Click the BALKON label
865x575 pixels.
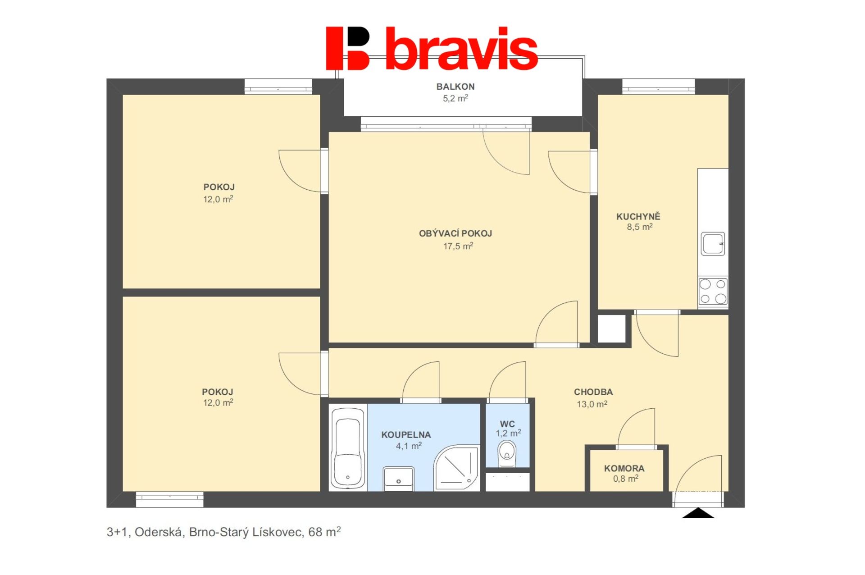[455, 87]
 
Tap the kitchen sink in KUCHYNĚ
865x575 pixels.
[713, 244]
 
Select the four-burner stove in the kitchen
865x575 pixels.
[713, 291]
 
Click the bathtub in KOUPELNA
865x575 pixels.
[348, 448]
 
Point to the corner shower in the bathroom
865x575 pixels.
[456, 468]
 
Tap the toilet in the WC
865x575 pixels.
[507, 453]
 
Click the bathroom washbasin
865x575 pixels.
[398, 479]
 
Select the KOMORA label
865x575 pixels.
[624, 469]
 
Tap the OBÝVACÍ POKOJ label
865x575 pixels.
[455, 233]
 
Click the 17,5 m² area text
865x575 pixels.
[458, 246]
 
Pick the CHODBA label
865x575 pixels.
[593, 392]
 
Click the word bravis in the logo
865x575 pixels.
[462, 48]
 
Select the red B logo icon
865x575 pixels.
[348, 48]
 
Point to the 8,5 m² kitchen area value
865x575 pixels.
[640, 227]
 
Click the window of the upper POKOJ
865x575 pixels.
[278, 87]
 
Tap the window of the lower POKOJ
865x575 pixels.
[169, 499]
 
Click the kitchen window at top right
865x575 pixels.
[658, 87]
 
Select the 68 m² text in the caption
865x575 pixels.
[324, 532]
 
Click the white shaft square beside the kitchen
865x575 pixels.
[611, 329]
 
